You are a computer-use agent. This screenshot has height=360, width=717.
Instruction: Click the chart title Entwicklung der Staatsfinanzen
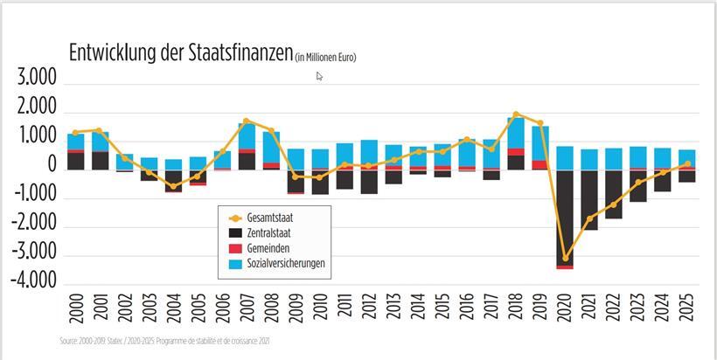coord(180,52)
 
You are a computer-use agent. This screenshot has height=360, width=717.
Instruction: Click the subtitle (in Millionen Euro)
coord(325,58)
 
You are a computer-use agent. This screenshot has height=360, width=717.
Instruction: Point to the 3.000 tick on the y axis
coord(37,80)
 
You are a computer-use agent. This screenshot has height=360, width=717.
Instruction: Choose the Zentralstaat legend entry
coord(275,233)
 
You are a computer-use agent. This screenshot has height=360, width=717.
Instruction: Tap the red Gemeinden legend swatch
coord(234,249)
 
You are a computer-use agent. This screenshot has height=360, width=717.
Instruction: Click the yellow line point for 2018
coord(517,114)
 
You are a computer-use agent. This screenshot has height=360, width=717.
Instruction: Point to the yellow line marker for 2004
coord(173,186)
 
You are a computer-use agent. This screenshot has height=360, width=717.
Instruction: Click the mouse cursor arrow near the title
coord(319,76)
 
